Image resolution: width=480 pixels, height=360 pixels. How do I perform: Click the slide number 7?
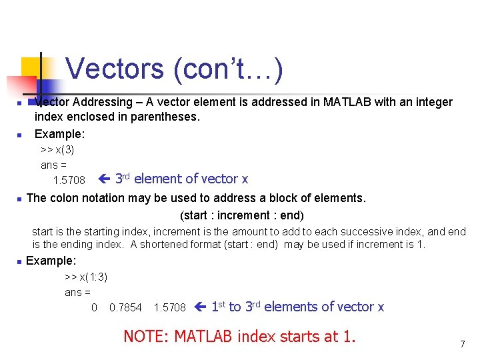point(462,344)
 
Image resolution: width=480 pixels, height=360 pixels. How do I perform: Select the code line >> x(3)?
point(57,149)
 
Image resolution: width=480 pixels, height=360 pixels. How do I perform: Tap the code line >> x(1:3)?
point(86,277)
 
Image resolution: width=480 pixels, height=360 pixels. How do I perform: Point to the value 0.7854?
point(125,307)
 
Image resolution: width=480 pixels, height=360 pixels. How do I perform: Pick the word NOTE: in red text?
point(146,336)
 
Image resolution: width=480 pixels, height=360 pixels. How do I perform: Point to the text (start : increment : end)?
point(242,215)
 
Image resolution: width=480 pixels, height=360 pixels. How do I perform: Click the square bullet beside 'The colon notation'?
point(20,199)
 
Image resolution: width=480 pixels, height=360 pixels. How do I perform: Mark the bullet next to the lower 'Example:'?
point(20,261)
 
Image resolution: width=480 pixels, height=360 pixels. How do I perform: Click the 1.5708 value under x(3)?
point(69,180)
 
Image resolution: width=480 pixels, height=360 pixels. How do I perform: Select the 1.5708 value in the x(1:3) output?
point(169,307)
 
